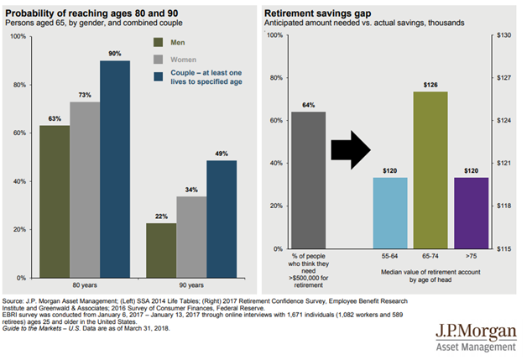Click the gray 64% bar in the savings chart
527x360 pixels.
[x=309, y=180]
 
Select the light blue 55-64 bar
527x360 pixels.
[x=389, y=213]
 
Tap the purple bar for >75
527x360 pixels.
[x=471, y=213]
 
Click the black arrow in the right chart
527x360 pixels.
[x=349, y=149]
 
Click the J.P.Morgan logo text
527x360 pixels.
[x=477, y=331]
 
